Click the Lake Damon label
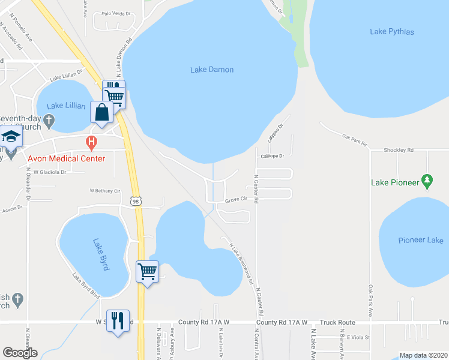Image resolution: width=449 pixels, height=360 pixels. (212, 70)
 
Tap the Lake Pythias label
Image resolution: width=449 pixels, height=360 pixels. (392, 32)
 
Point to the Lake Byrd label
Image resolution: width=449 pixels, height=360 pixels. (101, 254)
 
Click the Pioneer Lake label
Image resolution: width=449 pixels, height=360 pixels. (421, 240)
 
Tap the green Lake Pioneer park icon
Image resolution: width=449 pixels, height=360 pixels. (427, 180)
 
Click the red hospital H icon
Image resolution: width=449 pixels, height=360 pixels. (91, 143)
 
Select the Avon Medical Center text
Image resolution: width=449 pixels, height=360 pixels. (67, 158)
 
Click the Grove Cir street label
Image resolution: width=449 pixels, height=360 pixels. (236, 200)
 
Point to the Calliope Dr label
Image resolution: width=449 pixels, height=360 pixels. (271, 155)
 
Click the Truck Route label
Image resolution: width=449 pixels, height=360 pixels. (337, 322)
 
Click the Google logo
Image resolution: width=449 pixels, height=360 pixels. (20, 353)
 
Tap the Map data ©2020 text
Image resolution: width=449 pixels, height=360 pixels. (423, 355)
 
